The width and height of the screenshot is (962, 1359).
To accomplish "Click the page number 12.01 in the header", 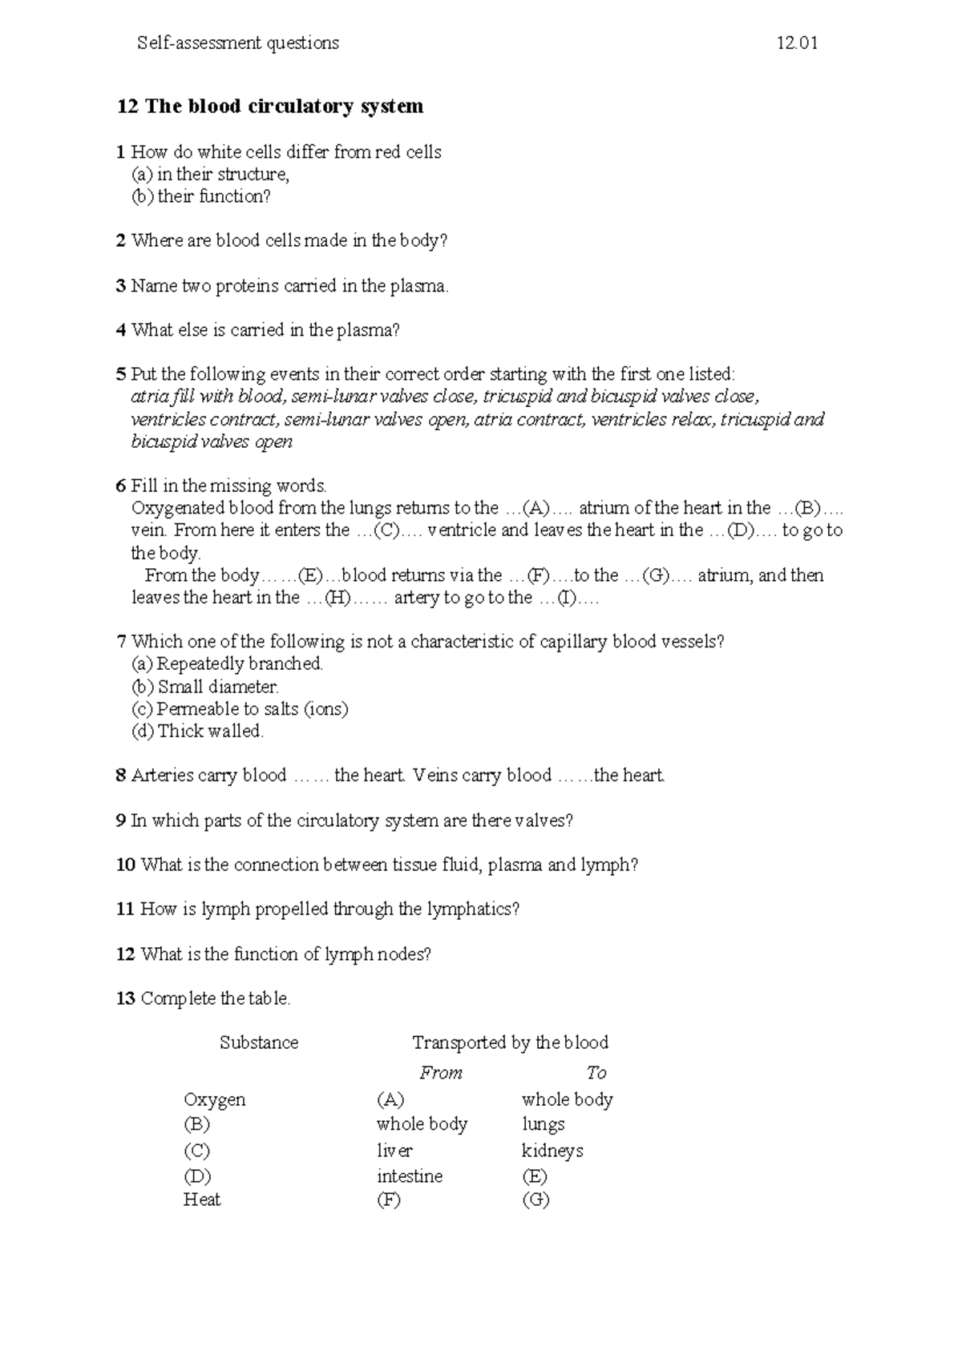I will pyautogui.click(x=797, y=43).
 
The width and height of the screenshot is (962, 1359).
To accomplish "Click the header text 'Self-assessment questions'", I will pyautogui.click(x=238, y=43).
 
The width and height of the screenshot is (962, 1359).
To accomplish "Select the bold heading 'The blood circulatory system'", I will pyautogui.click(x=284, y=107).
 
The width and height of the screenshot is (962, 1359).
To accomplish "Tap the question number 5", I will pyautogui.click(x=121, y=374).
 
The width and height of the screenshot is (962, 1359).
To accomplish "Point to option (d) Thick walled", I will pyautogui.click(x=197, y=731).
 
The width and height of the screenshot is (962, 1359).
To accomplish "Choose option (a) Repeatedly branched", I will pyautogui.click(x=227, y=663).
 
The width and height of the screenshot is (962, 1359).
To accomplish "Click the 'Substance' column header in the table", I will pyautogui.click(x=259, y=1042).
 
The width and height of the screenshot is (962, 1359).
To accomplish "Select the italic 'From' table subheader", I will pyautogui.click(x=441, y=1073).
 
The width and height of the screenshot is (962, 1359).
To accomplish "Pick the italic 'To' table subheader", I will pyautogui.click(x=596, y=1073).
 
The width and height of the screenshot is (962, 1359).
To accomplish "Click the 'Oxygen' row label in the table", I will pyautogui.click(x=214, y=1099).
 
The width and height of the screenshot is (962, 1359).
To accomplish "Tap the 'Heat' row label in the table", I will pyautogui.click(x=201, y=1200).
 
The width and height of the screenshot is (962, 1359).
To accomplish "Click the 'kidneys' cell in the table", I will pyautogui.click(x=552, y=1151).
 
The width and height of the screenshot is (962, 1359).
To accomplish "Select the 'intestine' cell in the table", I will pyautogui.click(x=409, y=1176).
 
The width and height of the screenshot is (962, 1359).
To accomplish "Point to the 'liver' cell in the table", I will pyautogui.click(x=394, y=1151).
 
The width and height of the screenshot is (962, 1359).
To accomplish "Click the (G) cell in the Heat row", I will pyautogui.click(x=535, y=1200).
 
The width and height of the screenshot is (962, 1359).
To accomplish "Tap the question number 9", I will pyautogui.click(x=121, y=821).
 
